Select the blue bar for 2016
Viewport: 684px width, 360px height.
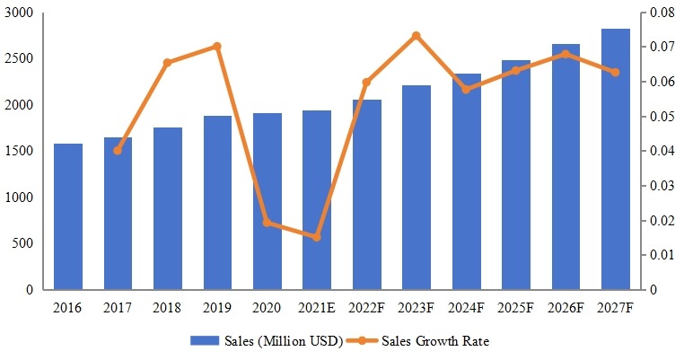tap(68, 216)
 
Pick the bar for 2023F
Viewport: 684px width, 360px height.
tap(417, 188)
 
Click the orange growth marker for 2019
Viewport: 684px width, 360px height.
tap(217, 46)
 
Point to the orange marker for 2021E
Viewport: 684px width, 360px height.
tap(317, 237)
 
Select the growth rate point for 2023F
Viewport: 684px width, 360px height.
tap(417, 36)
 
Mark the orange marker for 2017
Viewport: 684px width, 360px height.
tap(118, 150)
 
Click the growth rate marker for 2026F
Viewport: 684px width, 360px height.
tap(566, 54)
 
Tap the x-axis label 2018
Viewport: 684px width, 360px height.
tap(168, 307)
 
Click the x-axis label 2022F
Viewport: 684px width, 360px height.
tap(366, 307)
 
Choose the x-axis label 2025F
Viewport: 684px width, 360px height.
tap(515, 307)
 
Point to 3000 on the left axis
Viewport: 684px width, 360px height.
tap(19, 13)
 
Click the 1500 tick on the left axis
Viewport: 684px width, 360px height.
tap(19, 152)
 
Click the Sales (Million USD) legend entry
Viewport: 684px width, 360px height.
tap(267, 341)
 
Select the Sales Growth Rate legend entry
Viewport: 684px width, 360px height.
tap(431, 341)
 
